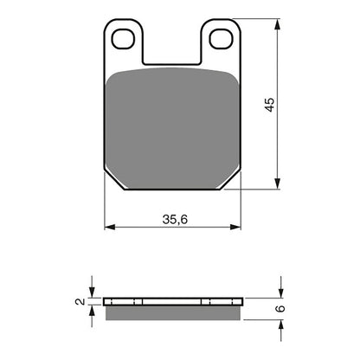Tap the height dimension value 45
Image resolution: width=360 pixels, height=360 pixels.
pyautogui.click(x=269, y=105)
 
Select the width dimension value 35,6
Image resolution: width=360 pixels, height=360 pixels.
pyautogui.click(x=170, y=220)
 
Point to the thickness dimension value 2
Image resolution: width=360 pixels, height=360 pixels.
pyautogui.click(x=80, y=302)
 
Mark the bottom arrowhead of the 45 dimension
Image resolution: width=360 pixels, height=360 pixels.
pyautogui.click(x=279, y=185)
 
